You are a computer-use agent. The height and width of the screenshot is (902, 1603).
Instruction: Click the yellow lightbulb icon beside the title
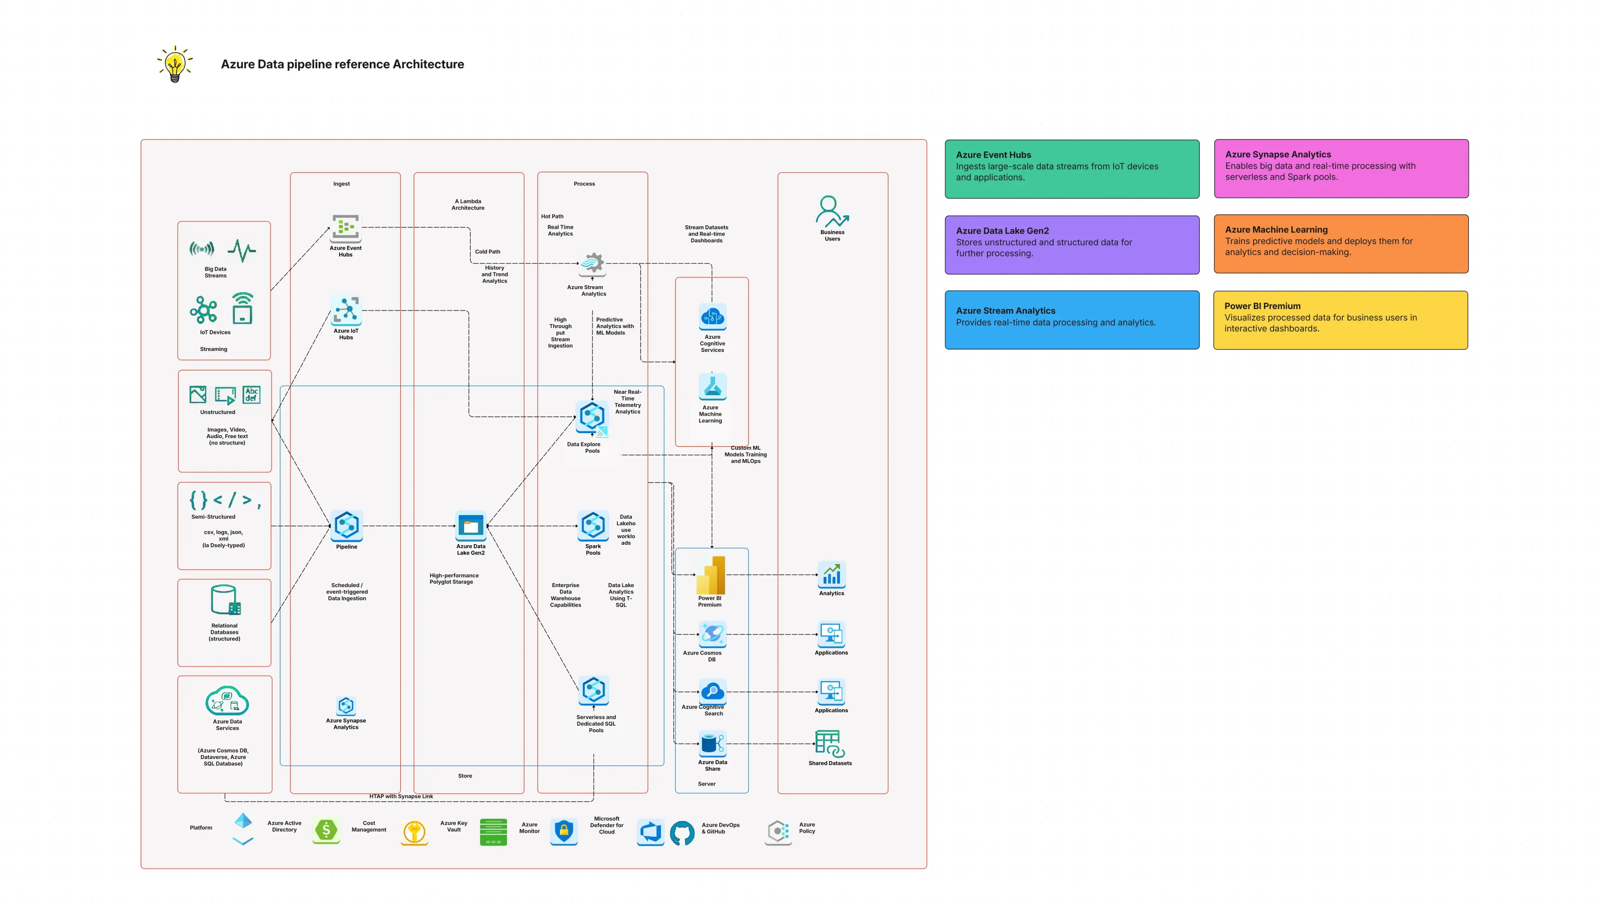(175, 64)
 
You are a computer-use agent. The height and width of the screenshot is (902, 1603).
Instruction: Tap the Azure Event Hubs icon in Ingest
(345, 228)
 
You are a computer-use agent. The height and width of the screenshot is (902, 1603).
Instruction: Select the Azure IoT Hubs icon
(346, 310)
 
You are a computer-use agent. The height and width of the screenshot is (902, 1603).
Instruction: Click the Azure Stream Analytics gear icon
(592, 264)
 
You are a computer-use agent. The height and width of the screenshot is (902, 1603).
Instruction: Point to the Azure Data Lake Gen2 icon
(471, 526)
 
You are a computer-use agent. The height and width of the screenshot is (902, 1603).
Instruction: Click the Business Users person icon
(832, 212)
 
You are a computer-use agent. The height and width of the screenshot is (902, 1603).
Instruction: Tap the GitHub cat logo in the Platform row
(682, 833)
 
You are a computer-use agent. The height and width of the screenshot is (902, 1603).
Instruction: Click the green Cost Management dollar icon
(326, 830)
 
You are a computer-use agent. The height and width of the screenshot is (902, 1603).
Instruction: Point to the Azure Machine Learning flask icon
(713, 387)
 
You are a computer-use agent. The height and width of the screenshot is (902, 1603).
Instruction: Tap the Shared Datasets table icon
(830, 744)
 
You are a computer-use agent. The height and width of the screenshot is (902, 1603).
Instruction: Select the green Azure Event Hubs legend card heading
(993, 155)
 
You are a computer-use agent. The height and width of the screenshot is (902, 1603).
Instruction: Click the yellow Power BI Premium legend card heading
(1262, 306)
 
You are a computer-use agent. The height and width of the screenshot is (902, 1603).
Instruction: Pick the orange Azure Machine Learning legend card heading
(1276, 230)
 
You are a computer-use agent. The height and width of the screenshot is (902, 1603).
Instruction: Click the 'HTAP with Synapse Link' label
(401, 796)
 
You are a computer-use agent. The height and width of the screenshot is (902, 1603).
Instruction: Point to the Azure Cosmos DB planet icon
(713, 634)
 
